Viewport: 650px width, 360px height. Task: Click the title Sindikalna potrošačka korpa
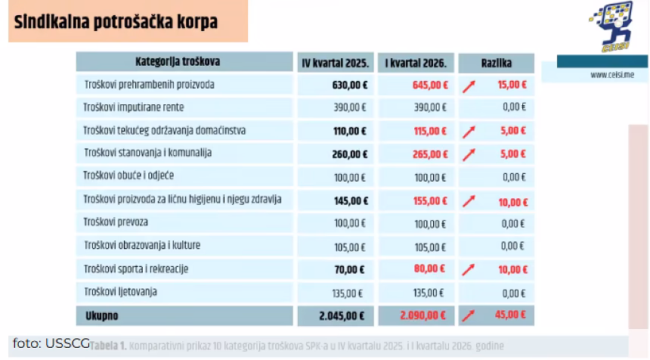coord(114,22)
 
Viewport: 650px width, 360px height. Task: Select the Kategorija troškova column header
coord(183,61)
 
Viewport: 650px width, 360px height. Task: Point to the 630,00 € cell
coord(349,85)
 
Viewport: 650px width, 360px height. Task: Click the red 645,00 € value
coord(430,85)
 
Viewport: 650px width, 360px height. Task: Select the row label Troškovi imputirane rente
coord(135,107)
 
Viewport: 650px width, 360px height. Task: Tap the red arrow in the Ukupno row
coord(470,313)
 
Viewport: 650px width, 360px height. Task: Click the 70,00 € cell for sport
coord(351,268)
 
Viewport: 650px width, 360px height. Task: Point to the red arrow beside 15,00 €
coord(470,85)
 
